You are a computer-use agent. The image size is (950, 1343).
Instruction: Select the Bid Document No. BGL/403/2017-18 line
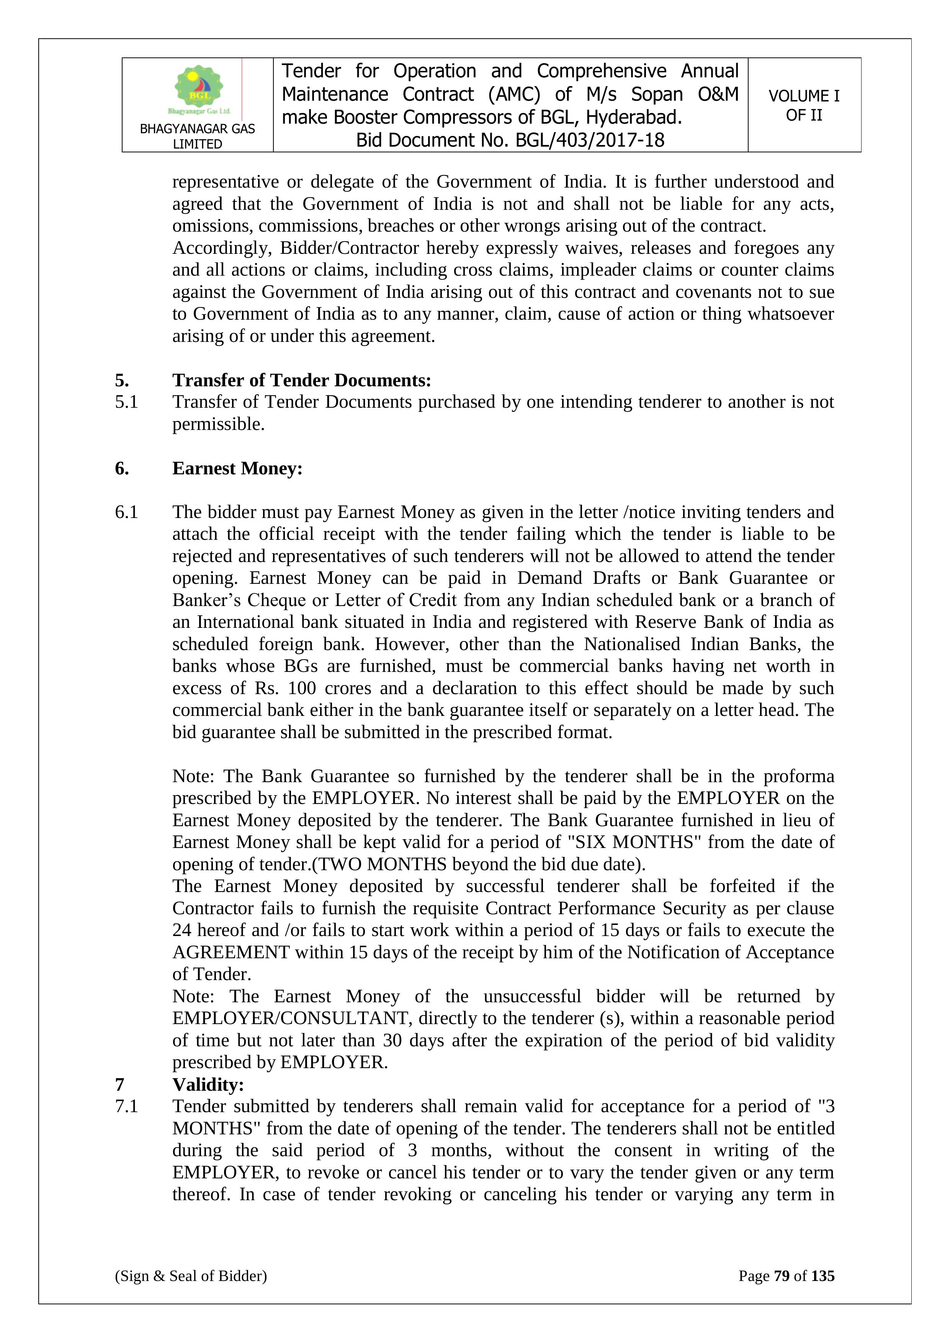click(x=510, y=141)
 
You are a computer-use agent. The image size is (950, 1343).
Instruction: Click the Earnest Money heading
click(x=237, y=469)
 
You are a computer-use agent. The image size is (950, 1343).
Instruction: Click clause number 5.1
click(x=126, y=402)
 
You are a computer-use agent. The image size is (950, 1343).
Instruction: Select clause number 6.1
click(x=126, y=512)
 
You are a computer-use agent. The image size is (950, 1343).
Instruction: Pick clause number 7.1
click(x=126, y=1107)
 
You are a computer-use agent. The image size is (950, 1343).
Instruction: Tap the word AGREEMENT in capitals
click(x=231, y=952)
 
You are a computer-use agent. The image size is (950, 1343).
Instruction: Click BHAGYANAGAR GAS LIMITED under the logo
click(x=197, y=136)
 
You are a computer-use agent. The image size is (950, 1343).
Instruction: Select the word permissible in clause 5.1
click(x=218, y=424)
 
